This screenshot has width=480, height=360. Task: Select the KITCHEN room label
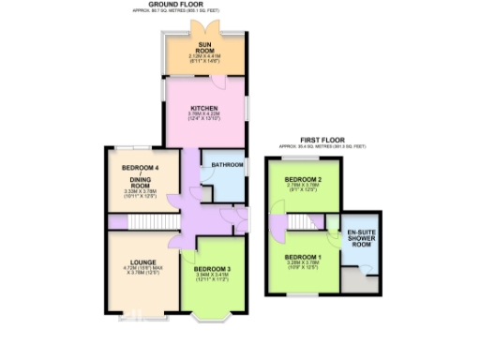tap(204, 108)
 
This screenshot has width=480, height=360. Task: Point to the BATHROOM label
tap(227, 165)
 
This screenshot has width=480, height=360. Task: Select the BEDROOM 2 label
tap(304, 179)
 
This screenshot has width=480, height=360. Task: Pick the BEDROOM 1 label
tap(304, 256)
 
